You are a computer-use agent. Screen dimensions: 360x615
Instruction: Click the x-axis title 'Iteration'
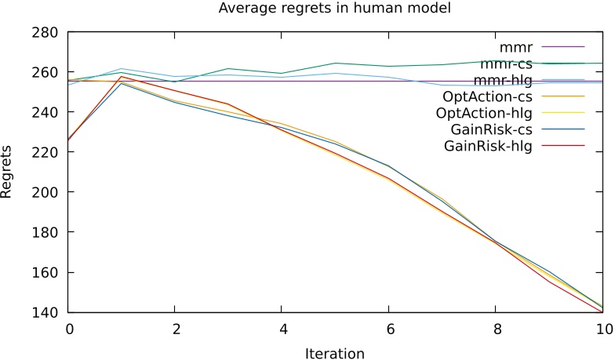coord(335,353)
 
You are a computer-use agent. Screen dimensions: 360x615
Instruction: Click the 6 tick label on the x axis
coord(389,329)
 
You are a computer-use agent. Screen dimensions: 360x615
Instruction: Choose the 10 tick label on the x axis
coord(602,329)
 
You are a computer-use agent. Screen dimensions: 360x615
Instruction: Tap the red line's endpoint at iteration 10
coord(602,312)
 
